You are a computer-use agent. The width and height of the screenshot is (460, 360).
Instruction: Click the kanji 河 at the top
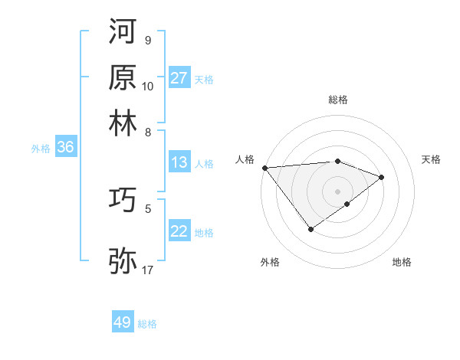(123, 32)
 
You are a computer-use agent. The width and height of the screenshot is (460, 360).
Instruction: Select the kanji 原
(123, 77)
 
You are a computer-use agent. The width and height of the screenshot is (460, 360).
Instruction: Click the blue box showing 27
(179, 78)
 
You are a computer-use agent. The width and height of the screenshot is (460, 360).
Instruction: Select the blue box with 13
(179, 162)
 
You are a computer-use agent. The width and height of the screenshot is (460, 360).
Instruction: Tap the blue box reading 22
(179, 231)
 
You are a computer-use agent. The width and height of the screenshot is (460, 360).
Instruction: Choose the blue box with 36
(65, 148)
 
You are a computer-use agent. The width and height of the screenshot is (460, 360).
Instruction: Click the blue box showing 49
(123, 322)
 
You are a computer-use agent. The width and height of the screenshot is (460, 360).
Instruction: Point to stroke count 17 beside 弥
(148, 270)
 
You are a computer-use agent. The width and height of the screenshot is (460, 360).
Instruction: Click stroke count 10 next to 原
(148, 87)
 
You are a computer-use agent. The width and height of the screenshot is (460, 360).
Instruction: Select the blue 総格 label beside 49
(148, 324)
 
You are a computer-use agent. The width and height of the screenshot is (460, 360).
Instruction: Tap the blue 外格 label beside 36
(41, 149)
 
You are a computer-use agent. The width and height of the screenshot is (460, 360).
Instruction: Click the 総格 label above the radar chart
(338, 100)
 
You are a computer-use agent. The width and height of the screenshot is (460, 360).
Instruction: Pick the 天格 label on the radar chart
(432, 159)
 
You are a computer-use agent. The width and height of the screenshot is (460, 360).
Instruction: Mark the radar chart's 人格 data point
(264, 168)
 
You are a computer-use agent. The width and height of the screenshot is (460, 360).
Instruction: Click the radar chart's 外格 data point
(310, 229)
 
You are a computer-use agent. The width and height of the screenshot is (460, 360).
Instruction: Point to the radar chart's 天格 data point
(382, 177)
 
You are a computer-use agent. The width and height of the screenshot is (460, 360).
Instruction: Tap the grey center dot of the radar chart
(338, 191)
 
